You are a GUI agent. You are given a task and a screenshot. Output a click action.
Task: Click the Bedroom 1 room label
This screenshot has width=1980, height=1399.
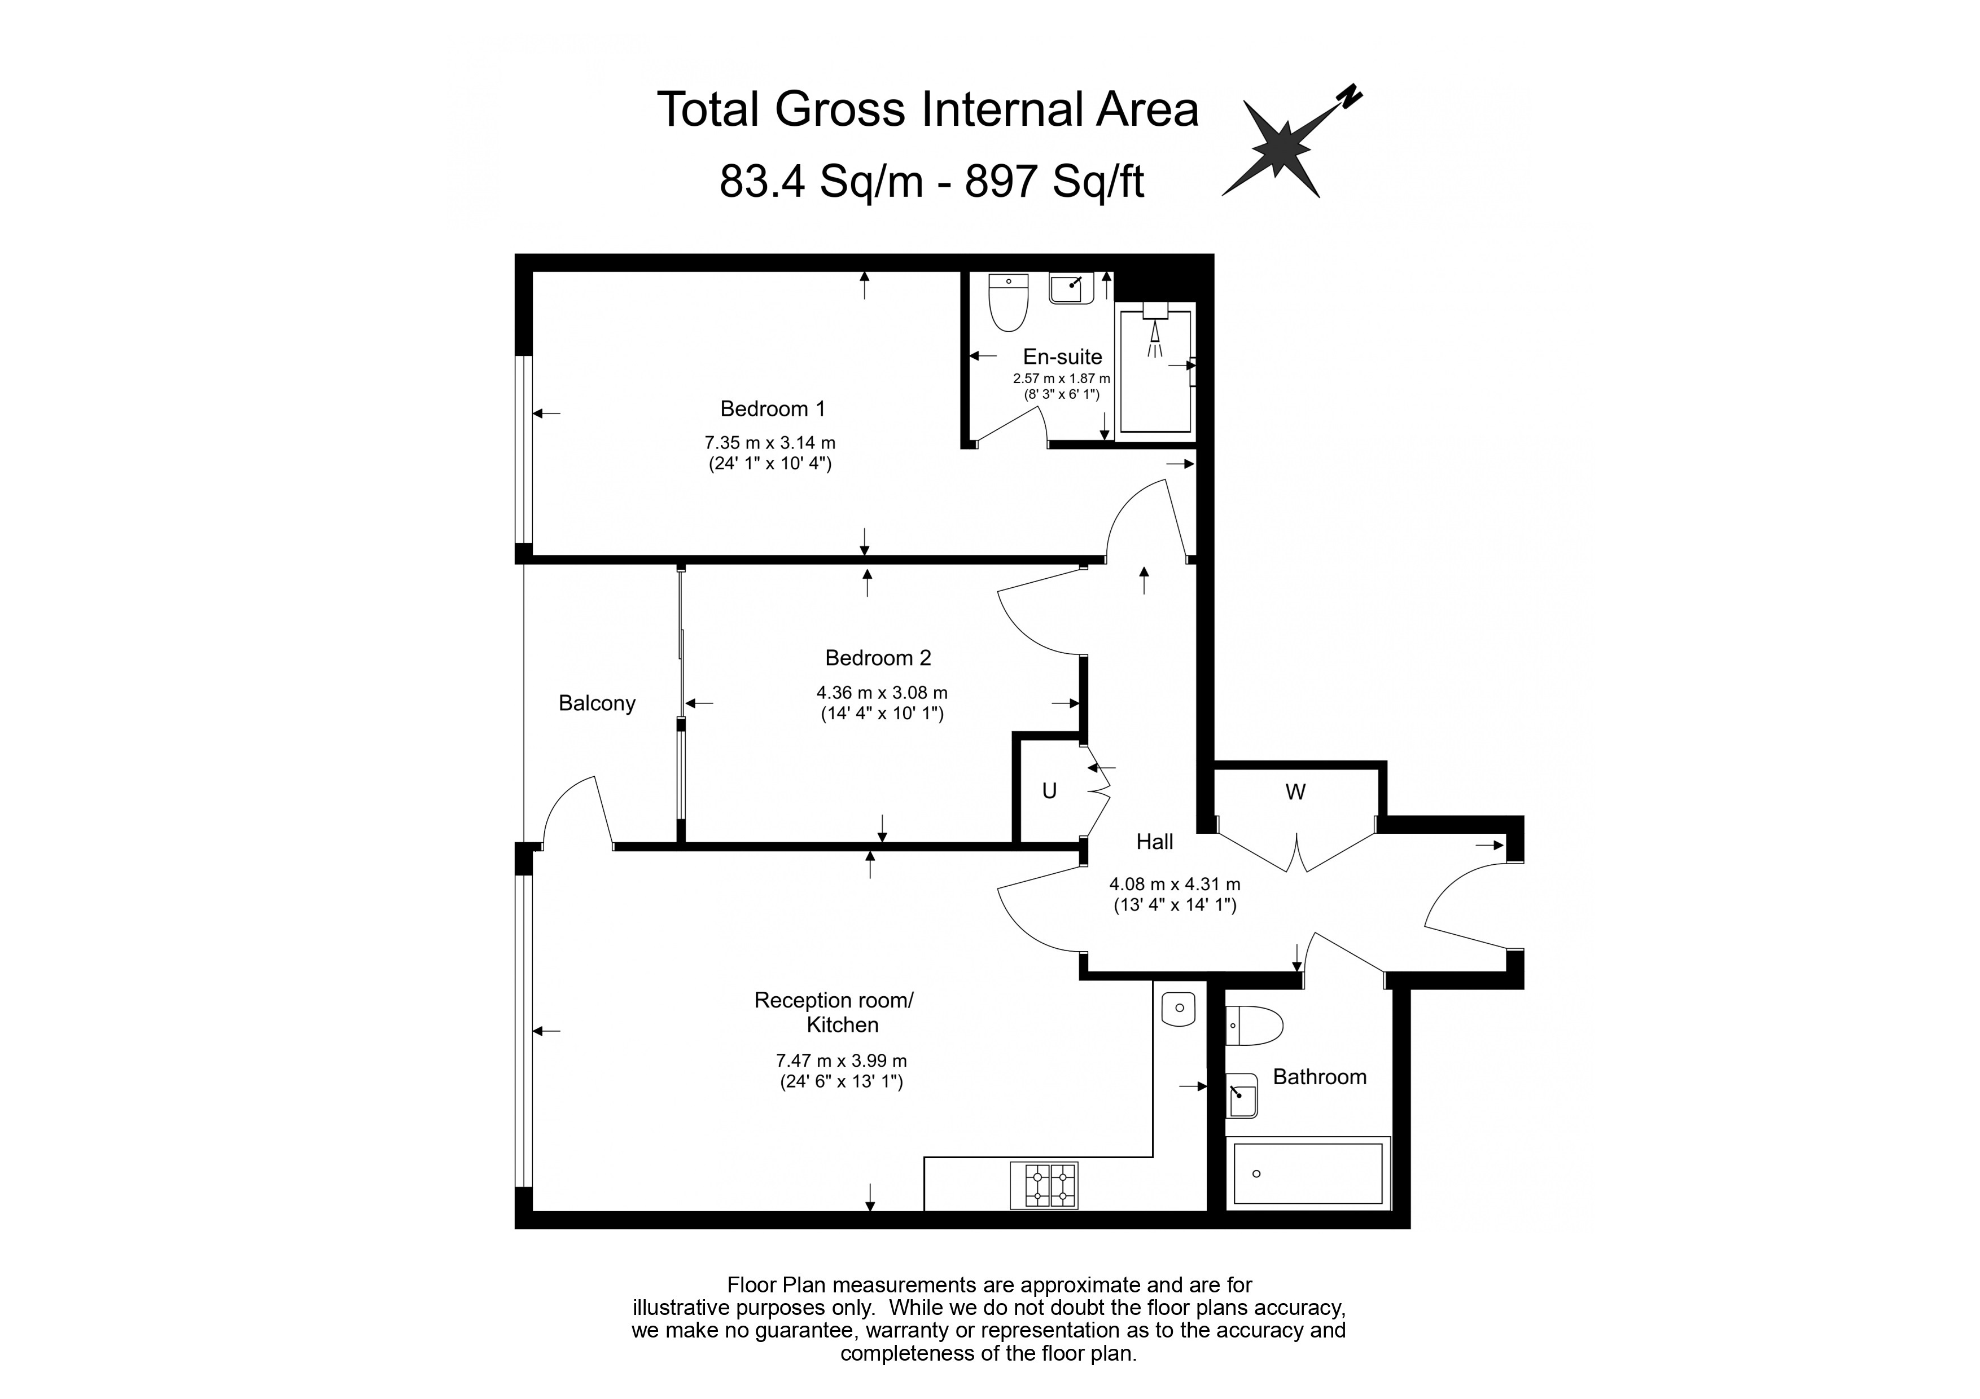[773, 408]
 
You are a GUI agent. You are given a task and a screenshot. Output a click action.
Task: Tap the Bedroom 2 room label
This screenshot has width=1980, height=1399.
[878, 658]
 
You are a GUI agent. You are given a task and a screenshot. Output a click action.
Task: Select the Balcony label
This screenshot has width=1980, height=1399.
[597, 703]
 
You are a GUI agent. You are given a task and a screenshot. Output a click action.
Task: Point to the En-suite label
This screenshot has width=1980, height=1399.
[1062, 357]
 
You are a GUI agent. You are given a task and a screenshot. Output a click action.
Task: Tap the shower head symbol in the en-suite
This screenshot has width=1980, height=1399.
[1155, 331]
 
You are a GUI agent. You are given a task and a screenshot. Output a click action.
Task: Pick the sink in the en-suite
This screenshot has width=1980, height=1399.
[1071, 287]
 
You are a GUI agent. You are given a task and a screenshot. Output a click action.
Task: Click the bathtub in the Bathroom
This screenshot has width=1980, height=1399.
[1307, 1173]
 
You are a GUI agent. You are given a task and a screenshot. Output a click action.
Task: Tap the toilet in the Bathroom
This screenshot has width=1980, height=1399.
[1255, 1026]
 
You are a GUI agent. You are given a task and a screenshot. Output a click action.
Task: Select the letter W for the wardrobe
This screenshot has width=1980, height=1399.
[1295, 792]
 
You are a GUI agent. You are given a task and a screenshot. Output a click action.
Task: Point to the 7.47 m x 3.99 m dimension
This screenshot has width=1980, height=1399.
[842, 1061]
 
